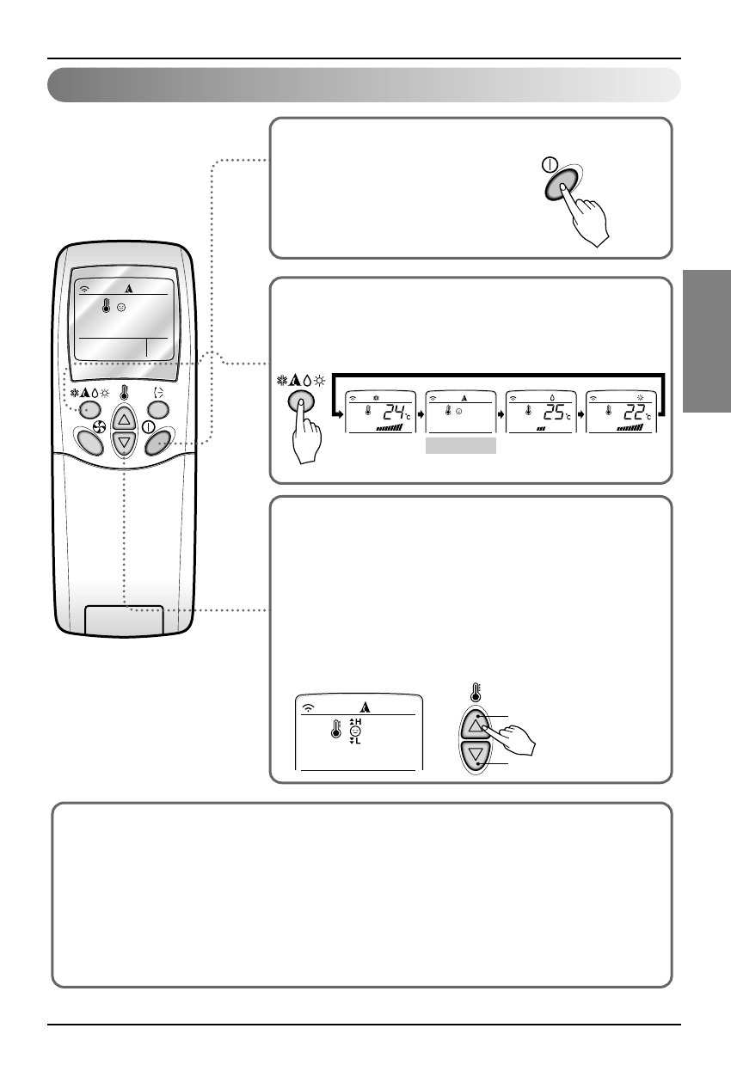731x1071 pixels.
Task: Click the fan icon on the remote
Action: pos(97,425)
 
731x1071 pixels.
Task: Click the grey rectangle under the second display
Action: pos(461,445)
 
